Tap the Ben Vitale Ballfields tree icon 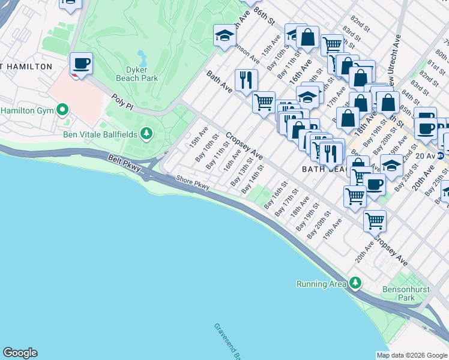[x=146, y=133]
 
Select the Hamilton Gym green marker [x=61, y=110]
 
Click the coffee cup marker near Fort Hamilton [x=81, y=64]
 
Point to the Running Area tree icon [x=355, y=282]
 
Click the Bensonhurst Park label [x=406, y=293]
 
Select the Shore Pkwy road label [x=192, y=182]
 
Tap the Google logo [x=20, y=353]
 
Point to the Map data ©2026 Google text [x=412, y=355]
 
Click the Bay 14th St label [x=253, y=179]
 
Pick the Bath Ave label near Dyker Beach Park [x=218, y=83]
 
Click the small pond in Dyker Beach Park [x=142, y=58]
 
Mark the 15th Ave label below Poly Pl [x=199, y=137]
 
